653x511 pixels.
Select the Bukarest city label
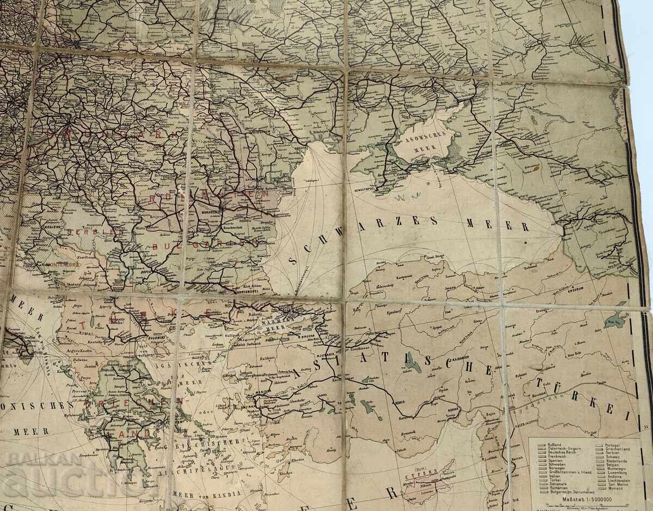click(211, 208)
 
